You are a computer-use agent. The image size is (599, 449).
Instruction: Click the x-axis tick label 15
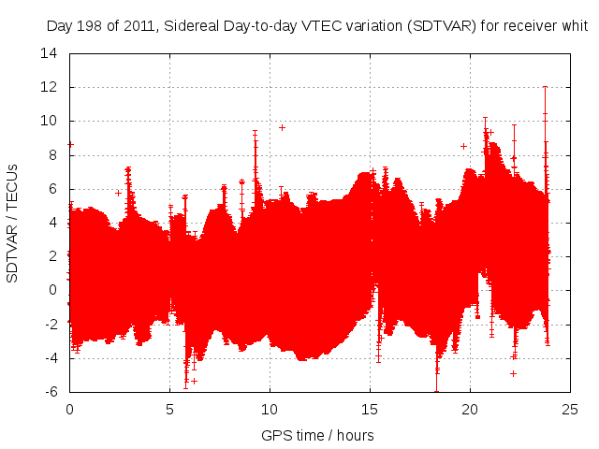pyautogui.click(x=371, y=410)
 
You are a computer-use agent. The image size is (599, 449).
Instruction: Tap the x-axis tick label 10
pyautogui.click(x=270, y=410)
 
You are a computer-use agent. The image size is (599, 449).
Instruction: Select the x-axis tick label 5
pyautogui.click(x=169, y=410)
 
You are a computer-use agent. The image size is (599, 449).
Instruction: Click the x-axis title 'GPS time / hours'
pyautogui.click(x=318, y=435)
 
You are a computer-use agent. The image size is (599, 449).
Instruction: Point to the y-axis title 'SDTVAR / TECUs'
pyautogui.click(x=13, y=223)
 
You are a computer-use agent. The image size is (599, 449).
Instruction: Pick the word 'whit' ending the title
pyautogui.click(x=573, y=26)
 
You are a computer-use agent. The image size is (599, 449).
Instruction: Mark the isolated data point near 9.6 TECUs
pyautogui.click(x=282, y=127)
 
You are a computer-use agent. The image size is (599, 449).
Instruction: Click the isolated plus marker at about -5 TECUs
pyautogui.click(x=513, y=373)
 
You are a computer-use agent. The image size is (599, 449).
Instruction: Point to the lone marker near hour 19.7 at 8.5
pyautogui.click(x=463, y=146)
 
